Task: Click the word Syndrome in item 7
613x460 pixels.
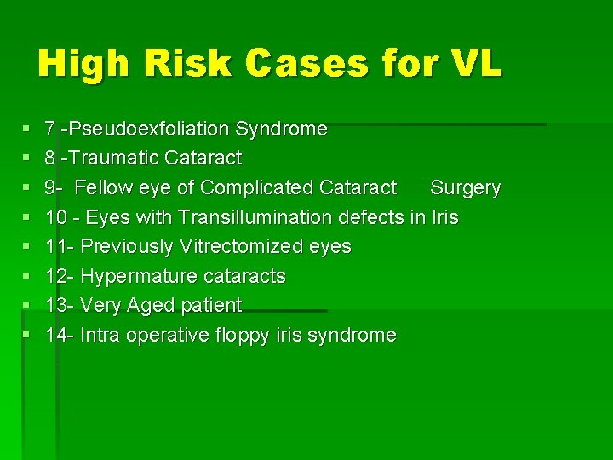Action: pos(281,129)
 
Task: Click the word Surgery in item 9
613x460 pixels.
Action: pos(465,187)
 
